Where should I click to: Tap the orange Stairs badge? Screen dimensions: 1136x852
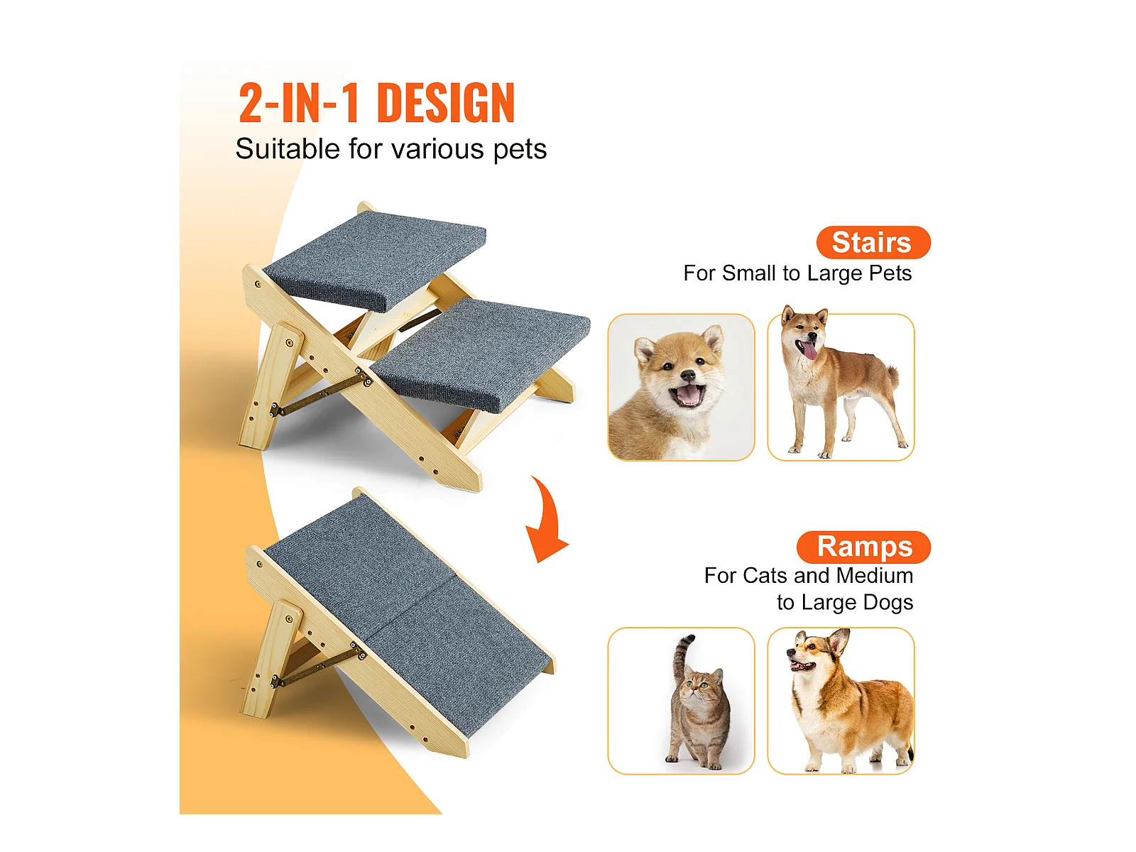(x=873, y=242)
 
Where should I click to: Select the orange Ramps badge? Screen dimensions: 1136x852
(x=863, y=547)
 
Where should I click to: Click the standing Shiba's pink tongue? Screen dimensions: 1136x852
(x=811, y=351)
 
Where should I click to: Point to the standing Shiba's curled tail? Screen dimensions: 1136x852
(x=892, y=376)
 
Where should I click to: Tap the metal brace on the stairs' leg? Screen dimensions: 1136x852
(x=322, y=393)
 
